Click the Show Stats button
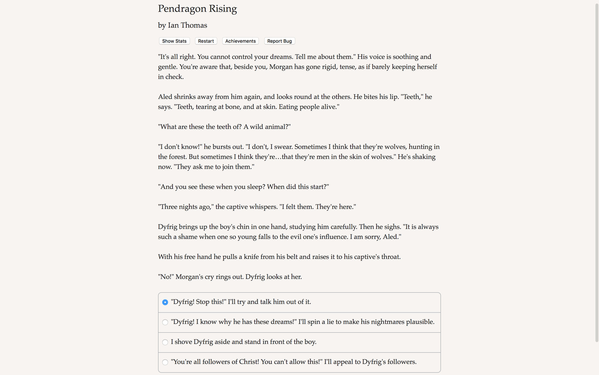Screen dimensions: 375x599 coord(174,41)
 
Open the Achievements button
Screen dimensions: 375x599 coord(240,41)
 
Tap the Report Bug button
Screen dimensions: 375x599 coord(279,41)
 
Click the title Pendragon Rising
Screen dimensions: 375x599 coord(197,9)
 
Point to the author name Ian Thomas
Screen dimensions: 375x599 coord(187,25)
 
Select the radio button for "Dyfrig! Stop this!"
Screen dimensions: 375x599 coord(165,302)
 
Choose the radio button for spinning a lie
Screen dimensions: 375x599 coord(165,322)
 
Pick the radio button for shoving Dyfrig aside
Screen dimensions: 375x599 coord(165,342)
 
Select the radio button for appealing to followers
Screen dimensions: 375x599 coord(165,362)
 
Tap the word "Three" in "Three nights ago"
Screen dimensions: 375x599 coord(169,207)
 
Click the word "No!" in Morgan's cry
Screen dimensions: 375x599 coord(166,277)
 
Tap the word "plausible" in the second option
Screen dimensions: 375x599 coord(420,322)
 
